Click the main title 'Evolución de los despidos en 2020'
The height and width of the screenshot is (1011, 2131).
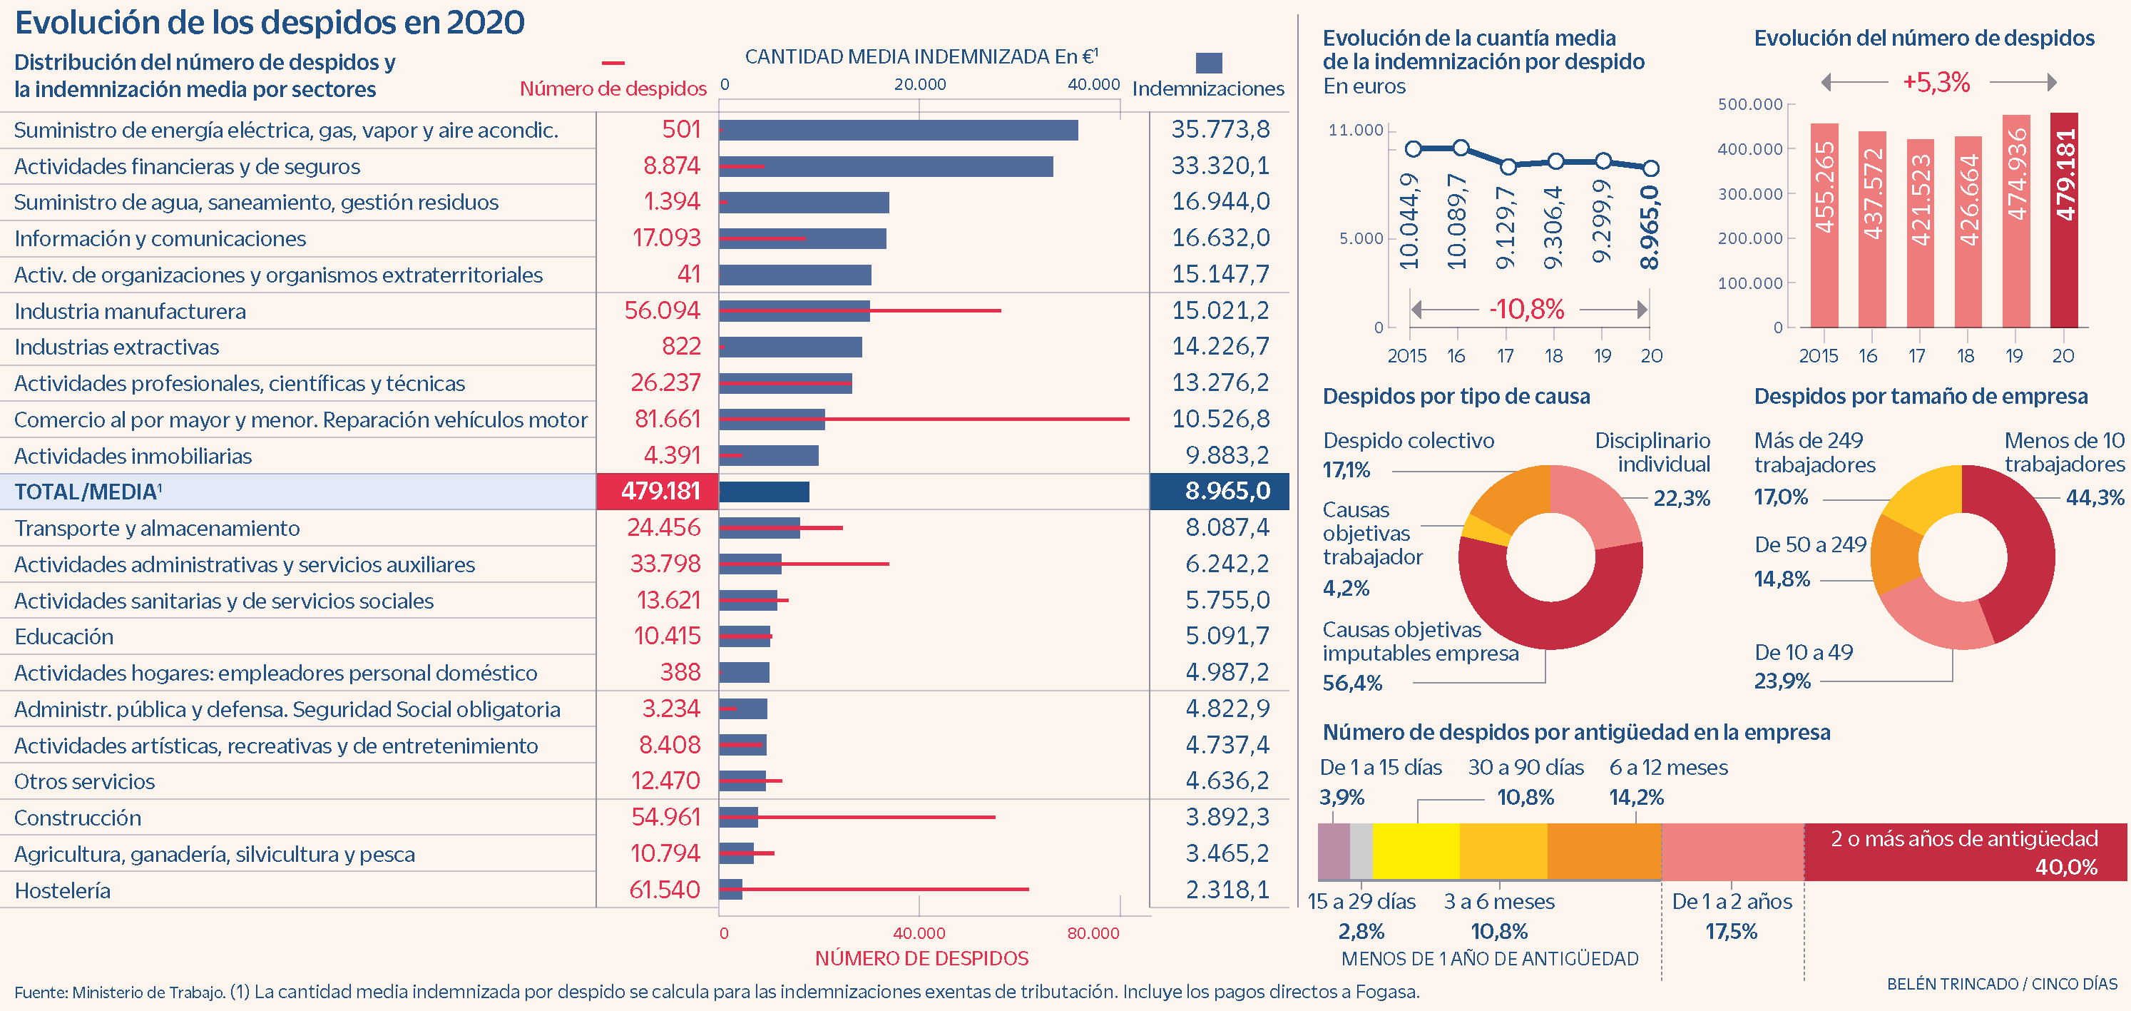coord(270,23)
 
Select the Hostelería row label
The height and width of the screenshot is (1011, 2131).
coord(63,890)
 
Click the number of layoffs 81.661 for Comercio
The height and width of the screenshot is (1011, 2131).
coord(667,420)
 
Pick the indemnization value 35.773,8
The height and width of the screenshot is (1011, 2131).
coord(1220,130)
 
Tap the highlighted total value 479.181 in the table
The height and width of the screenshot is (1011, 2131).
coord(660,492)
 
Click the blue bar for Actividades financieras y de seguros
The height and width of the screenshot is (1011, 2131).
coord(885,167)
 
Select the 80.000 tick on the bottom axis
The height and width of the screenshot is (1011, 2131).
coord(1093,933)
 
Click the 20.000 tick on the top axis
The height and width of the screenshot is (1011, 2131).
coord(920,84)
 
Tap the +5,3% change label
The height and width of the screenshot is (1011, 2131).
coord(1936,83)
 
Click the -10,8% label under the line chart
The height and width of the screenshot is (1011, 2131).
coord(1526,310)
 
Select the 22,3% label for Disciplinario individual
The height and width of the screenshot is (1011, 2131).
coord(1681,498)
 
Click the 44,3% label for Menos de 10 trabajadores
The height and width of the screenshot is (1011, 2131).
coord(2094,497)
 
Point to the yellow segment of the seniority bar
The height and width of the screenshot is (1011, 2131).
coord(1416,851)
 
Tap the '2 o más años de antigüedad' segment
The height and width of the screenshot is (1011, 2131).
coord(1964,851)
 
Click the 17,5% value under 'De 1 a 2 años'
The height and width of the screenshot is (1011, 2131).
coord(1731,932)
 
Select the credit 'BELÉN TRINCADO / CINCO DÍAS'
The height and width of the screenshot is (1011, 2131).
coord(2001,984)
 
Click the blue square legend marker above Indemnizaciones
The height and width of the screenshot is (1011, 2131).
coord(1209,63)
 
